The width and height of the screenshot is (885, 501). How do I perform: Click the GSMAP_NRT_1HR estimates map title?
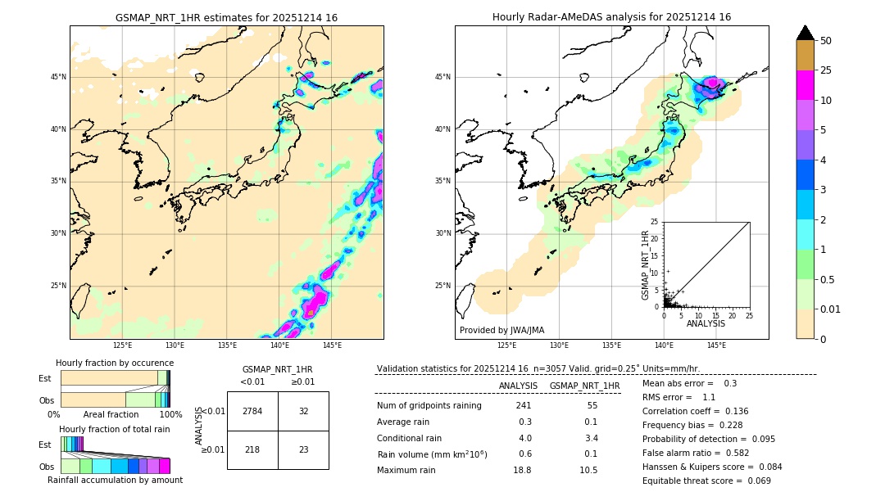226,17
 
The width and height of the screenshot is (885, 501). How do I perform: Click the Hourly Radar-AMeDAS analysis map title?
611,17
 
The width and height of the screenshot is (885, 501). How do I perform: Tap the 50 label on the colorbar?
826,41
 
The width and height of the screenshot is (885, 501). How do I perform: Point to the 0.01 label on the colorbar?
831,309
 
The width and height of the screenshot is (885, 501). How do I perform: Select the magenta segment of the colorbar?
805,85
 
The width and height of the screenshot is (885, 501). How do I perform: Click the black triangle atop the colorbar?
805,33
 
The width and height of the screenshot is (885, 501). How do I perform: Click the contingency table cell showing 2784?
252,411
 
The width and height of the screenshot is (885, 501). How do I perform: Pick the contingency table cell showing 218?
252,449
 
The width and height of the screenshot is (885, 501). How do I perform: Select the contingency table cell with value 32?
303,411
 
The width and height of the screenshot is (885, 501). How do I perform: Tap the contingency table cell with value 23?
303,449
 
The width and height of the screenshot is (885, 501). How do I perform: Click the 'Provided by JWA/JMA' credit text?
501,331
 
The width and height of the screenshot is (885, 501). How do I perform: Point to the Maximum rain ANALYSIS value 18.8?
522,471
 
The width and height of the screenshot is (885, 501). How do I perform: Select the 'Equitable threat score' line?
706,481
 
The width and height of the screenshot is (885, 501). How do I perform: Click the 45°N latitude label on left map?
58,77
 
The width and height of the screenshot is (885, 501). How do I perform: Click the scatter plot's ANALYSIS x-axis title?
706,323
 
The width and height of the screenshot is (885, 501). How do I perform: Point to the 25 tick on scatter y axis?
655,222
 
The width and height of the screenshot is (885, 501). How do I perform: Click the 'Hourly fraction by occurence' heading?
115,363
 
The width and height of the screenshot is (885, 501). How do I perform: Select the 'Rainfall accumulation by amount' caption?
115,481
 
